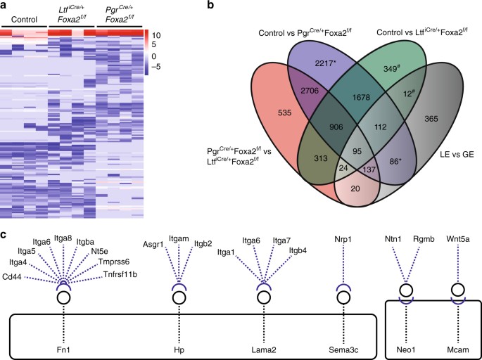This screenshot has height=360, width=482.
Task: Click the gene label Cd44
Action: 14,277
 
